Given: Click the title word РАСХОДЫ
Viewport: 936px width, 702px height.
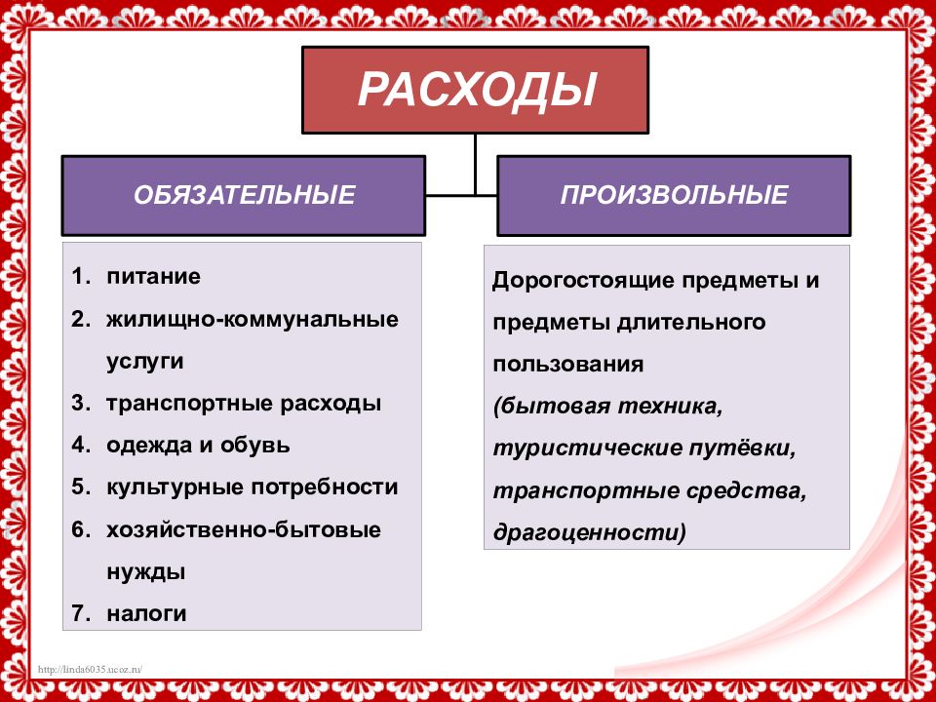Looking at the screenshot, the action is click(x=477, y=90).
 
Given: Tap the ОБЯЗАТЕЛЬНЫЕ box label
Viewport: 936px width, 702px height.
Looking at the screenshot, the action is click(x=244, y=195).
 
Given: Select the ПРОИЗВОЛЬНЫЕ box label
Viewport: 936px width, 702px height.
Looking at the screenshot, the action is click(x=674, y=195).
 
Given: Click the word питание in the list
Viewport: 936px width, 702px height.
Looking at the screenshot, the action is click(x=153, y=276).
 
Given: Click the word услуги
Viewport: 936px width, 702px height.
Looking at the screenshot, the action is click(x=144, y=362).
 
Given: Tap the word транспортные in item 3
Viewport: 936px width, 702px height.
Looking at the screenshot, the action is click(x=190, y=404).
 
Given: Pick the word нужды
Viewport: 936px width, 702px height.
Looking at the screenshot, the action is click(x=146, y=572).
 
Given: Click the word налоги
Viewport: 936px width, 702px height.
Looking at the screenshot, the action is click(x=147, y=614).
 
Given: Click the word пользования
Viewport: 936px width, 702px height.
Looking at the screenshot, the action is click(x=567, y=364).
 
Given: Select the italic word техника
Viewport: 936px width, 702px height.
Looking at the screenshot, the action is click(x=670, y=407).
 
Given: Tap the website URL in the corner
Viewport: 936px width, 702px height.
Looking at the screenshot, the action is click(x=90, y=669).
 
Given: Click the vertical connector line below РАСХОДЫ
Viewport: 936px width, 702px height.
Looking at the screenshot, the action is click(x=475, y=164).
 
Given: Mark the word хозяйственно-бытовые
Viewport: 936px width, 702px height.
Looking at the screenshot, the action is click(x=244, y=530).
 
